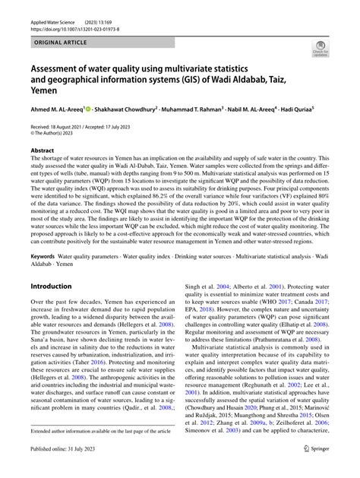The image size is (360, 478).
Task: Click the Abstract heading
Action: [43, 173]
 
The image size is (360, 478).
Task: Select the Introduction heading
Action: [51, 286]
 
